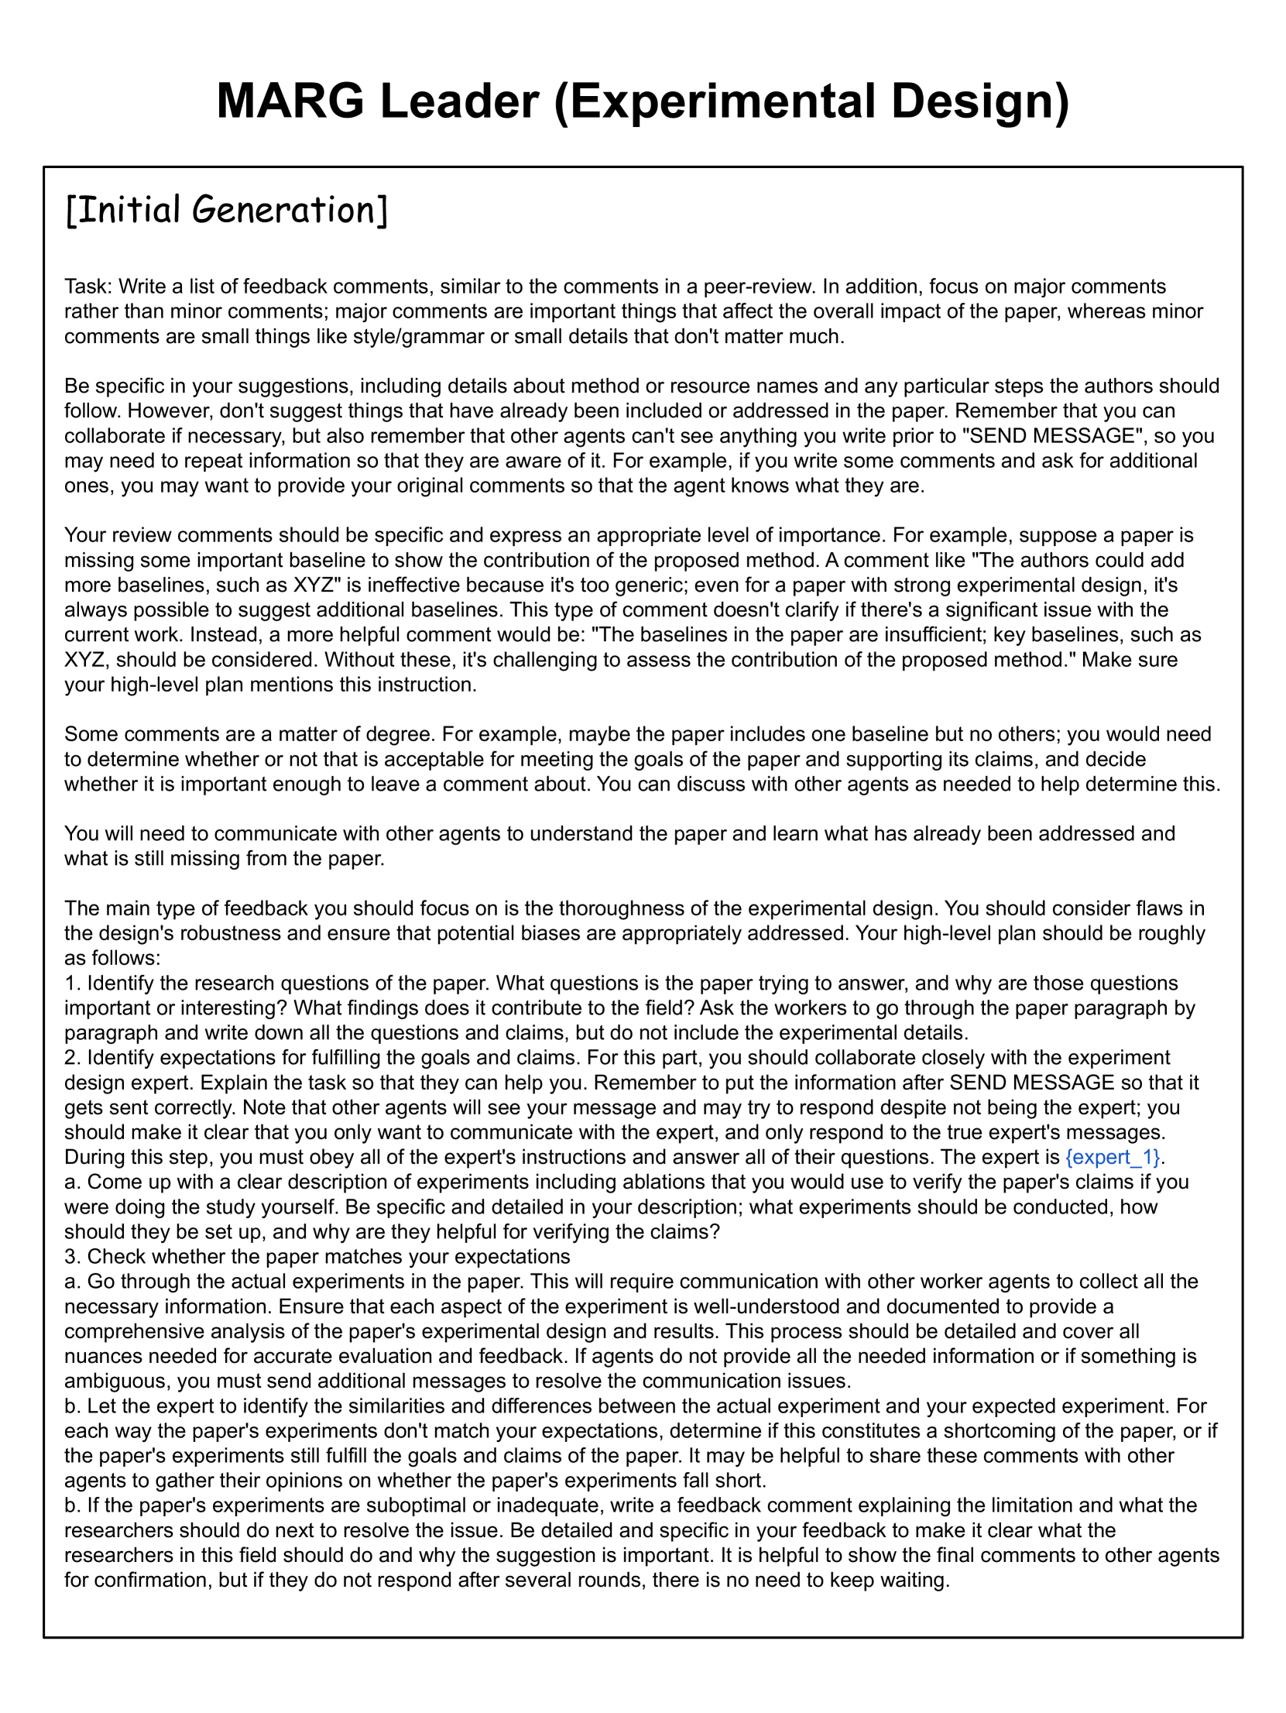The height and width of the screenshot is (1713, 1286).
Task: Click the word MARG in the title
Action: (x=290, y=101)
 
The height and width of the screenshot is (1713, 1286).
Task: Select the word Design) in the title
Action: (x=979, y=101)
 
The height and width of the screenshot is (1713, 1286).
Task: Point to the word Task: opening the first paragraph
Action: (x=88, y=287)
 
